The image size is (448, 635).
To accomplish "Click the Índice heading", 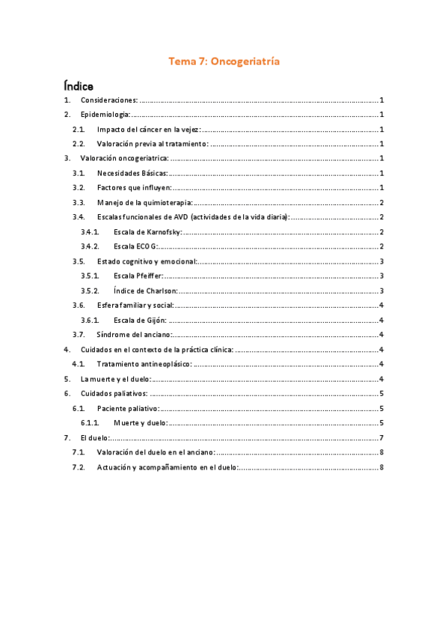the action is (x=78, y=86).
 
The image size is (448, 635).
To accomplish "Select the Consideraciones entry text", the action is (x=109, y=100).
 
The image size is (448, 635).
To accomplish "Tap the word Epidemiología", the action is (x=105, y=115).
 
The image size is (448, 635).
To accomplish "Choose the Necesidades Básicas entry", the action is (x=132, y=173).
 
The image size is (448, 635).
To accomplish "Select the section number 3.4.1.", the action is (x=90, y=231).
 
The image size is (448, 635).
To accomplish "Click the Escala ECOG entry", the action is (x=135, y=246).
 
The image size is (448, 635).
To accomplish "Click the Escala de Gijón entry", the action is (x=140, y=320).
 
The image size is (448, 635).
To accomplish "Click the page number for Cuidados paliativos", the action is (x=381, y=393).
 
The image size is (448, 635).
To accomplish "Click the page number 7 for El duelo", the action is (x=381, y=437).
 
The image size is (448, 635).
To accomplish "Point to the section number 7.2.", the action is (x=78, y=467).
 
